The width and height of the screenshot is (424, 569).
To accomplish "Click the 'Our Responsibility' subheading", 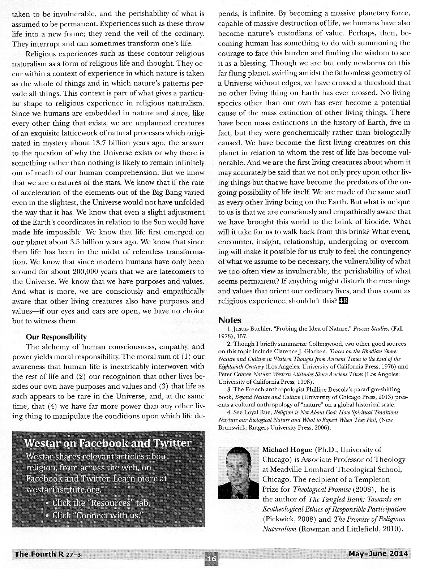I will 56,337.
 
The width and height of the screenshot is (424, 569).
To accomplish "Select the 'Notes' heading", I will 230,320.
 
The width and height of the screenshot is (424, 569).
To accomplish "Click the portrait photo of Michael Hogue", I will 238,473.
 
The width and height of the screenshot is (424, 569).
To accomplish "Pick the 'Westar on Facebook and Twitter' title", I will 108,443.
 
